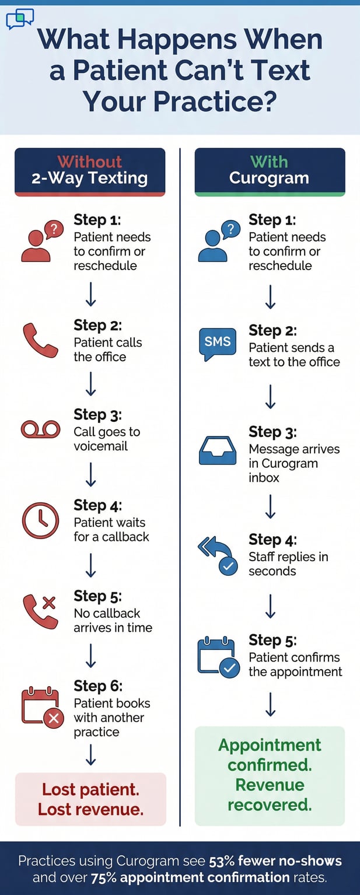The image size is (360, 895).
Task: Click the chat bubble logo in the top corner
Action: click(20, 19)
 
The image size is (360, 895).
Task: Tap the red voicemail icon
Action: click(40, 429)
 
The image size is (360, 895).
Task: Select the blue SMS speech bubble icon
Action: click(217, 342)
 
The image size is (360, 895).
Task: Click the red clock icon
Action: click(40, 520)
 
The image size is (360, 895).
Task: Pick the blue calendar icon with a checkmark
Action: click(218, 658)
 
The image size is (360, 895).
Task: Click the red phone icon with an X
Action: click(40, 611)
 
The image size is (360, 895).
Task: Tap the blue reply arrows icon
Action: click(217, 556)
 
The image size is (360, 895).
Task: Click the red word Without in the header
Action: click(90, 162)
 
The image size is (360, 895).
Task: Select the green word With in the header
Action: click(269, 162)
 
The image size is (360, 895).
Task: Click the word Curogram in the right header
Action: click(269, 178)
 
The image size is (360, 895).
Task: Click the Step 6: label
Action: click(98, 686)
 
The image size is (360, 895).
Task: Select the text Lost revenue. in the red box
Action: click(90, 809)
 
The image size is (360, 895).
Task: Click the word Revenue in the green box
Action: click(270, 785)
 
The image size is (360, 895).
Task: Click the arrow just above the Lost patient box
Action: click(91, 757)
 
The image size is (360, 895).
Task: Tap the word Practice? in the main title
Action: click(180, 101)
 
